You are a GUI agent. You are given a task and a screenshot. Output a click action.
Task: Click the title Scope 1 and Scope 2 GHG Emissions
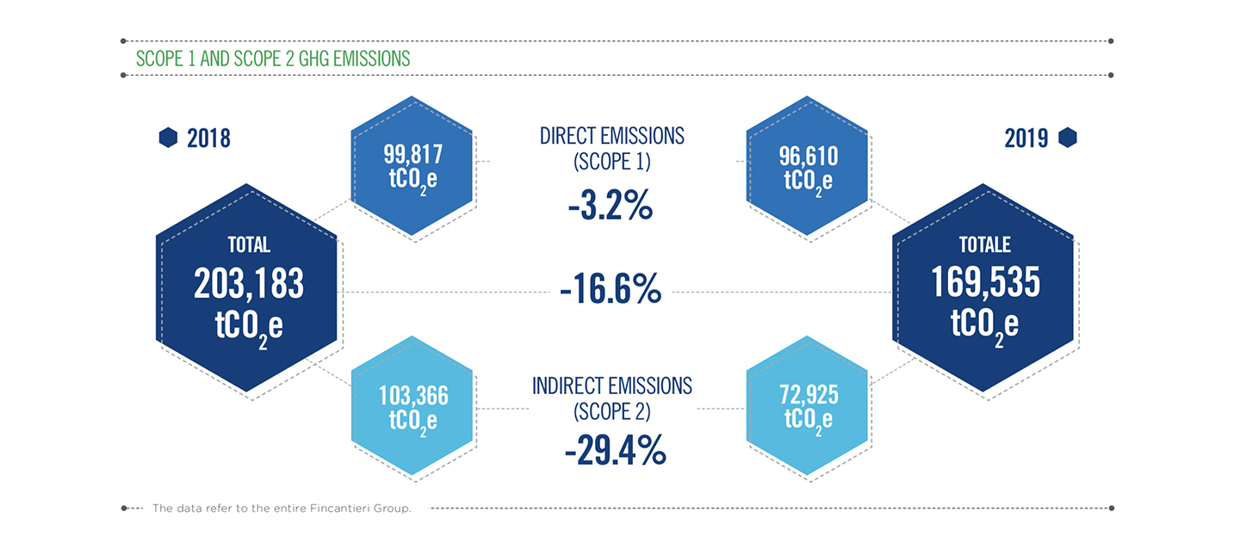click(273, 59)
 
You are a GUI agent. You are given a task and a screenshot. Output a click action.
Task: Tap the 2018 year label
click(208, 139)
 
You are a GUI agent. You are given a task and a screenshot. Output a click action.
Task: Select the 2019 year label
click(1026, 139)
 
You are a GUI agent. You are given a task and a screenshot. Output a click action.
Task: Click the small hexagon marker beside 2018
click(168, 138)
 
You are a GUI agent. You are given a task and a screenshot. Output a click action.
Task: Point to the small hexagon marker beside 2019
click(1068, 138)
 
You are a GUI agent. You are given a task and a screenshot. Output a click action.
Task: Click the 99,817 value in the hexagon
click(413, 155)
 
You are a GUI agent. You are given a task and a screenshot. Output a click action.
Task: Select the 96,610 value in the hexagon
click(809, 157)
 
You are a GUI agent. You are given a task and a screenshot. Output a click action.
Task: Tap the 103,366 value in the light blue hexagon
click(413, 396)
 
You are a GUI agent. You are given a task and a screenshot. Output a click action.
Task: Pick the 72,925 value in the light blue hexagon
click(809, 395)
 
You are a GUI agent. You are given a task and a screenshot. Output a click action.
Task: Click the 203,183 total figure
click(249, 284)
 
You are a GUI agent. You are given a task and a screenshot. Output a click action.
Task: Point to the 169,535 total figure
click(986, 282)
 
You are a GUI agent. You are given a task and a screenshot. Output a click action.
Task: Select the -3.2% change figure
click(611, 206)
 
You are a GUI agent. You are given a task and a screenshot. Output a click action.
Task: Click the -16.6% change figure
click(611, 289)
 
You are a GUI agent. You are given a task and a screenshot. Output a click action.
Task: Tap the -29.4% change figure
click(615, 450)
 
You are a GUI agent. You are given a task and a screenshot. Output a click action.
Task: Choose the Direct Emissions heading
click(612, 136)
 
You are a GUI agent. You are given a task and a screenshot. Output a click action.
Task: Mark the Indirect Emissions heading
click(612, 386)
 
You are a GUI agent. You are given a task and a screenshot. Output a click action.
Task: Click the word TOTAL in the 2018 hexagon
click(249, 244)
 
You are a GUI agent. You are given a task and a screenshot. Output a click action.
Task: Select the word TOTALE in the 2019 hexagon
click(985, 244)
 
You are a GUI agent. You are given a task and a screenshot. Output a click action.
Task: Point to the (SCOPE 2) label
click(612, 411)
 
